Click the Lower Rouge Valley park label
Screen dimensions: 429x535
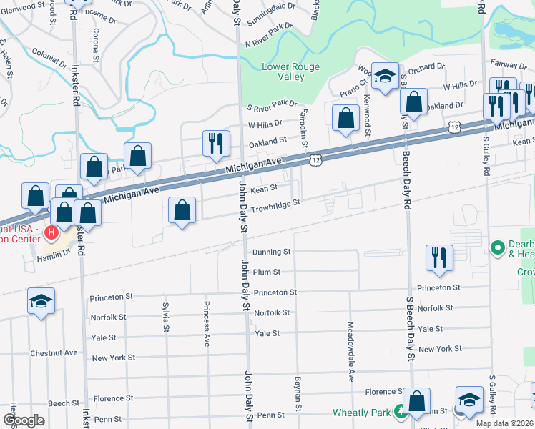coord(290,71)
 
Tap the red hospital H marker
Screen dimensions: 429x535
coord(52,232)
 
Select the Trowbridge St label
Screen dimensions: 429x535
coord(274,203)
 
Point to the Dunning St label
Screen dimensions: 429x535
coord(272,252)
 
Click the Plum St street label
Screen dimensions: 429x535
coord(266,272)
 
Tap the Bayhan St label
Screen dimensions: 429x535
coord(295,389)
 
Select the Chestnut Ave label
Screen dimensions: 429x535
coord(54,353)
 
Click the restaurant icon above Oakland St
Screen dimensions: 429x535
coord(215,142)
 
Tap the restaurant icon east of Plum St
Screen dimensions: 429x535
coord(439,257)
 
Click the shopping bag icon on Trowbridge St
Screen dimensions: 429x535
coord(182,211)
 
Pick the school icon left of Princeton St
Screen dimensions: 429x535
coord(41,300)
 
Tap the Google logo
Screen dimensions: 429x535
coord(24,421)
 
